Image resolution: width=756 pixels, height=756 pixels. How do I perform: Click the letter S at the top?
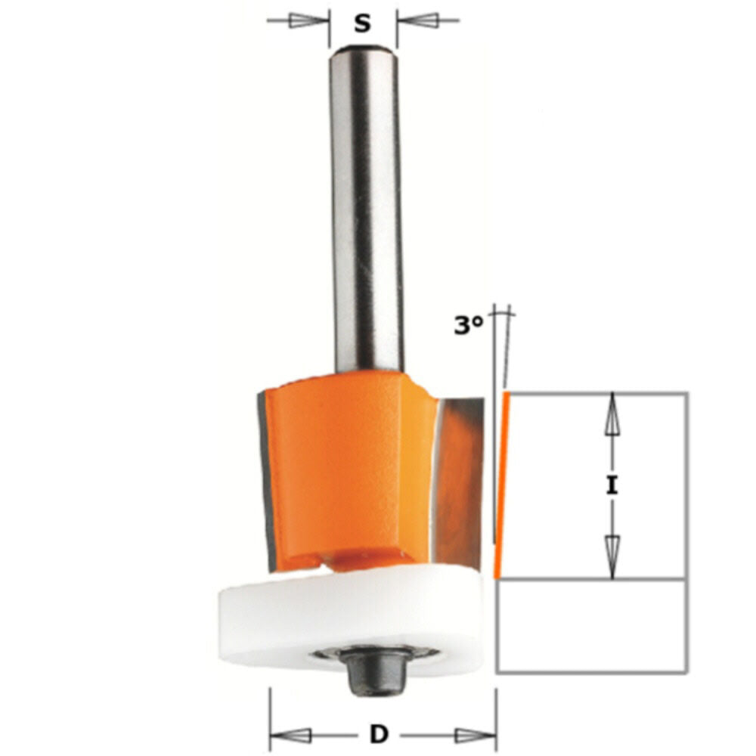pyautogui.click(x=363, y=23)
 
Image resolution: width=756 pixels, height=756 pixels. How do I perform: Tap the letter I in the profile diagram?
pyautogui.click(x=612, y=485)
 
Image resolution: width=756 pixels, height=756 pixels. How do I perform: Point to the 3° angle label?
pyautogui.click(x=468, y=326)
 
